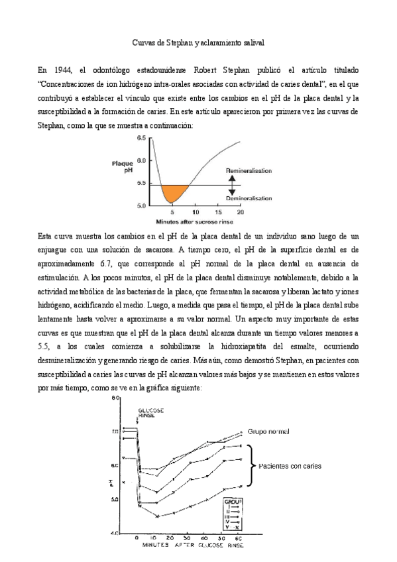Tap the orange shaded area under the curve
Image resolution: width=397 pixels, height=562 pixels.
pos(171,193)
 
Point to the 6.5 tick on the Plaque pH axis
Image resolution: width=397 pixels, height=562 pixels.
pos(141,139)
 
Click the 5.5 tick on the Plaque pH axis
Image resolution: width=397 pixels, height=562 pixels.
pos(141,184)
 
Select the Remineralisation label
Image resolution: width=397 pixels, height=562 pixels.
pos(249,171)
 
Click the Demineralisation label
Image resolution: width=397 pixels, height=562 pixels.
pos(249,197)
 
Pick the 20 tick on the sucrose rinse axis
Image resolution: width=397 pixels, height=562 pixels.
pos(240,213)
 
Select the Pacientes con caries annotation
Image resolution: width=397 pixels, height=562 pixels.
pos(290,466)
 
